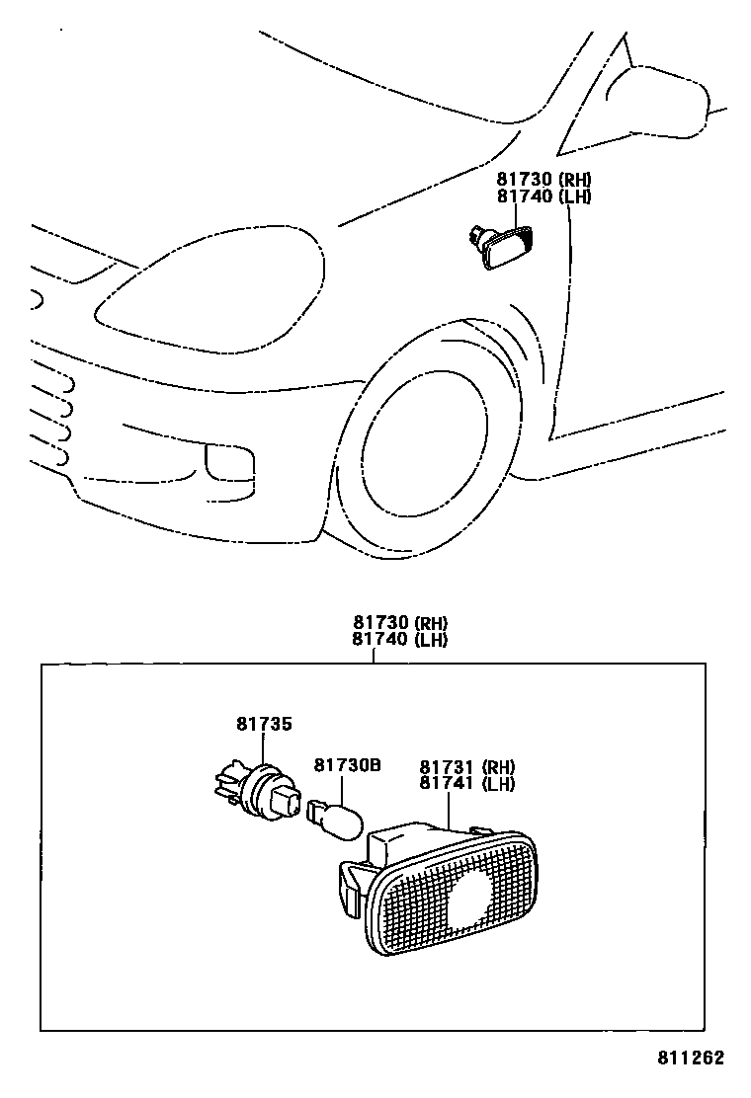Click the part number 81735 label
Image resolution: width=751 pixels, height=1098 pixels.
[264, 724]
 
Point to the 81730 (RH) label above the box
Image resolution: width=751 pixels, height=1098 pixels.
[400, 623]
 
